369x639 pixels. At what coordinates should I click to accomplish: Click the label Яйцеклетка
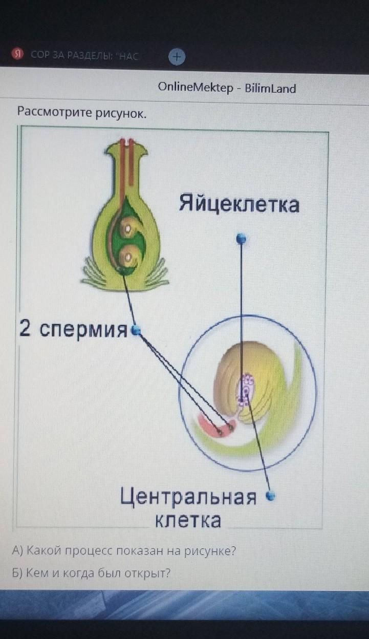pos(240,204)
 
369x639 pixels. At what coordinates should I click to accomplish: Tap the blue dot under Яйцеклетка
pos(241,238)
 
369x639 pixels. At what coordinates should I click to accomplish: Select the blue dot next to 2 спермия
pos(136,330)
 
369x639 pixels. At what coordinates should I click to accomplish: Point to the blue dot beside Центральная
pos(270,496)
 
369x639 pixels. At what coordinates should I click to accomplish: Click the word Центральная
pos(188,497)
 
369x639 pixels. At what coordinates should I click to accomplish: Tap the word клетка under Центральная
pos(188,520)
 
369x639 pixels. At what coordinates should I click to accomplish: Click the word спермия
pos(83,330)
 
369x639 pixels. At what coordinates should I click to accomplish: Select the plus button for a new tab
pos(177,57)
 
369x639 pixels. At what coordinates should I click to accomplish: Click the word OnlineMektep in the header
pos(196,88)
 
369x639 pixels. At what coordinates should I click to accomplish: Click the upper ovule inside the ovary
pos(130,227)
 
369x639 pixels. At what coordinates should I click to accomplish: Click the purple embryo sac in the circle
pos(246,389)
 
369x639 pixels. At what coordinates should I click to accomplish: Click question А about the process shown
pos(124,550)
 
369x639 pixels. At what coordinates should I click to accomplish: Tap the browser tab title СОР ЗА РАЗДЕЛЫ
pos(84,55)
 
